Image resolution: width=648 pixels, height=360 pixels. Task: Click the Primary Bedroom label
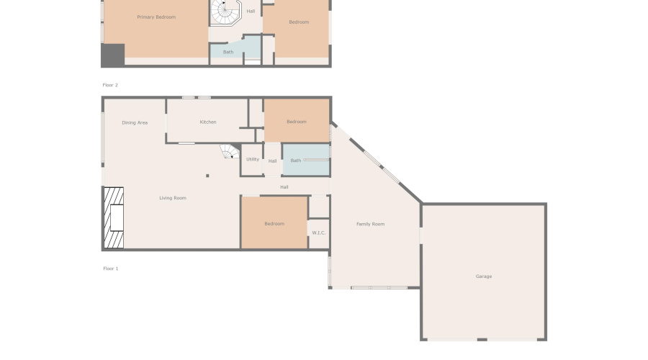(156, 17)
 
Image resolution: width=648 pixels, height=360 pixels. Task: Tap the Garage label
(483, 276)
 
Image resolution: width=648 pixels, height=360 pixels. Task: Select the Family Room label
(371, 224)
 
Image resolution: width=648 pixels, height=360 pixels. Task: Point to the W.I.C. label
(318, 233)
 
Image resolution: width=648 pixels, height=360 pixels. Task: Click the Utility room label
(252, 159)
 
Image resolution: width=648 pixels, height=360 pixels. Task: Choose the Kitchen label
(208, 122)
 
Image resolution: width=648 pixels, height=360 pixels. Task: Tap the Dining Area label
(135, 123)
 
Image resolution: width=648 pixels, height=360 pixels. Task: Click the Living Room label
(173, 198)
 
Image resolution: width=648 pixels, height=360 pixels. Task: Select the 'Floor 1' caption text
(110, 269)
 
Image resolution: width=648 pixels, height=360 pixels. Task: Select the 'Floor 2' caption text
(110, 85)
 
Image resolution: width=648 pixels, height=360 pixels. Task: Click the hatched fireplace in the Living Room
(113, 218)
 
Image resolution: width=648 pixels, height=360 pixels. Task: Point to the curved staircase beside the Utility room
(230, 151)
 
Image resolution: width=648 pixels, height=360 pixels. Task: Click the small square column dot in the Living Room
(207, 175)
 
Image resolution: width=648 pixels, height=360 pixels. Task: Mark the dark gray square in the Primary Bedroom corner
(113, 55)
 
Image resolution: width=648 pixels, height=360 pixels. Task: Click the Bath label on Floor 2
(228, 52)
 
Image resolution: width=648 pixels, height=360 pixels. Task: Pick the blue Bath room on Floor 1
(306, 161)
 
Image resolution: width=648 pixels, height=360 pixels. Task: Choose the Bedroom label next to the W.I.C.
(274, 224)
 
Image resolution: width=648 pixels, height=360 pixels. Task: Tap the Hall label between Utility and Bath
(272, 161)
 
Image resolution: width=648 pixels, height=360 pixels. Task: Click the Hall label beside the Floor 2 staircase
(251, 12)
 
